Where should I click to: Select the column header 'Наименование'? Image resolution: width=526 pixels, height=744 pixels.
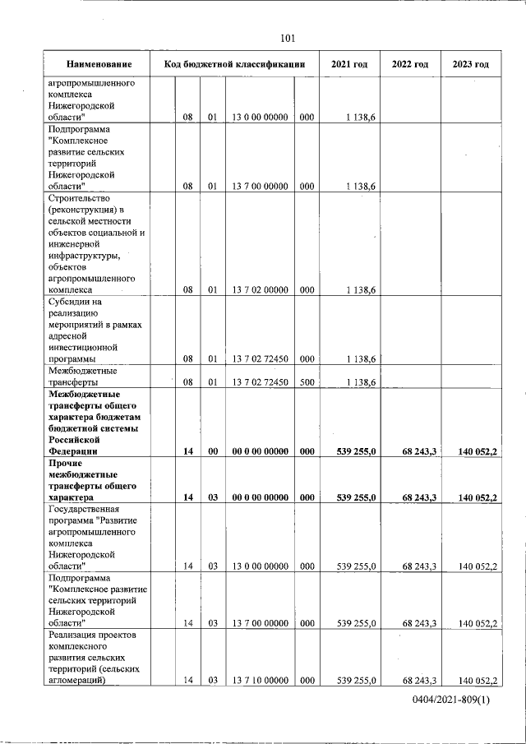99,65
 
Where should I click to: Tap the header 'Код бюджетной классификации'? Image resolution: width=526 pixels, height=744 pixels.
234,65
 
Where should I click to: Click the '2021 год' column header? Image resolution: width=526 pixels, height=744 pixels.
349,65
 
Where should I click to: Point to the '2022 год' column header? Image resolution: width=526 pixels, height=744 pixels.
410,65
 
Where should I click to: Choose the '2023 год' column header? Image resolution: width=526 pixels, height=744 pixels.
470,65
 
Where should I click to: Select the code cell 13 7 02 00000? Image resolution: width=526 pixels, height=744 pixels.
260,290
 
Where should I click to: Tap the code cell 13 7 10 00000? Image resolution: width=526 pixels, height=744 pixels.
260,681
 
